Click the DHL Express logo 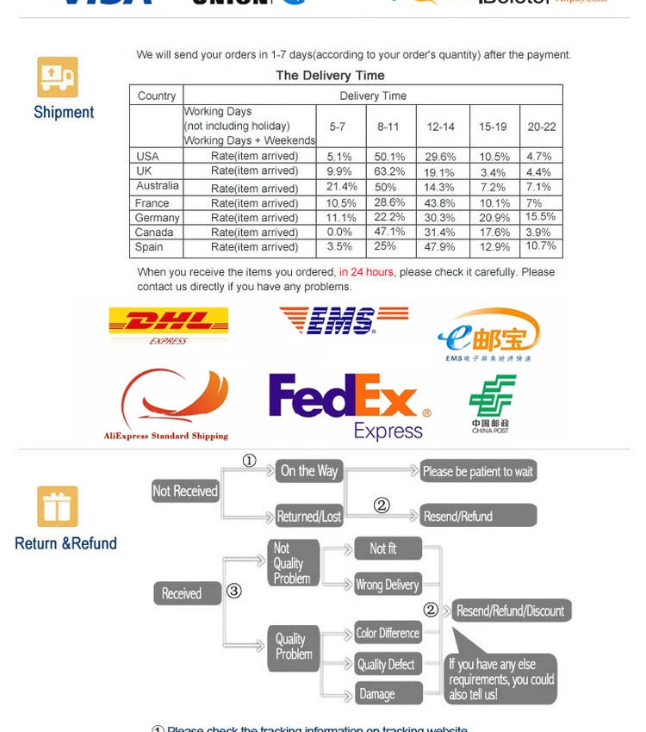point(168,325)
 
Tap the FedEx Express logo point(349,406)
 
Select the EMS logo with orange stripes point(343,320)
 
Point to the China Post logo point(492,402)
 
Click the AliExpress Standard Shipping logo point(167,404)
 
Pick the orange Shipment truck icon point(58,77)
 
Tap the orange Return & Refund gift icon point(58,506)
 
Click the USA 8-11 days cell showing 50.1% point(389,157)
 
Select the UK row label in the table point(145,171)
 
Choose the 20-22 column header point(542,127)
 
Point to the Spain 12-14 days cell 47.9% point(440,247)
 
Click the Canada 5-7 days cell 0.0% point(339,233)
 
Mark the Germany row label point(157,218)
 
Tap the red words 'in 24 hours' point(366,272)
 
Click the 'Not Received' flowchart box point(185,491)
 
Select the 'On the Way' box point(309,471)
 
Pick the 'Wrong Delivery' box point(388,585)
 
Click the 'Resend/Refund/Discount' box point(510,611)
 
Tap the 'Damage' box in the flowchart point(388,693)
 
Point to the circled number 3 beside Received point(234,591)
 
